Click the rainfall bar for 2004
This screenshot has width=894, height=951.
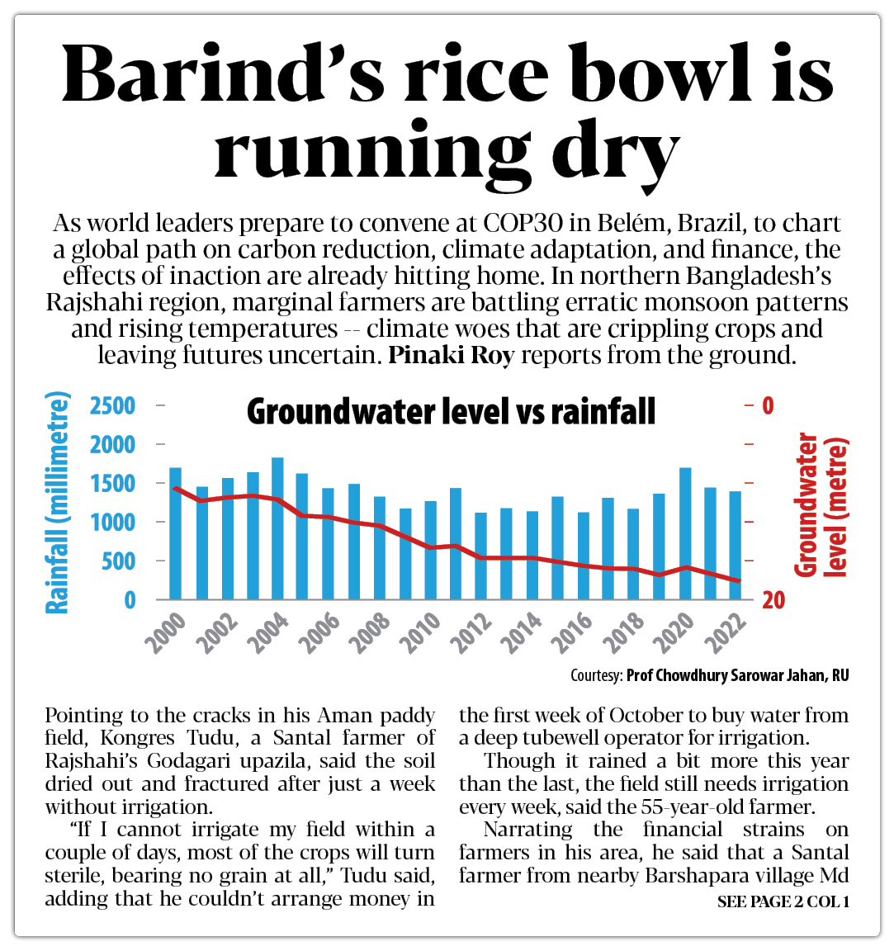pos(277,528)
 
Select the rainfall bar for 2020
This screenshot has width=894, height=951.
pos(685,533)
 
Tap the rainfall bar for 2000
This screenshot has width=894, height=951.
pos(175,533)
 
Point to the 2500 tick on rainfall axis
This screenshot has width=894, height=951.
pos(113,406)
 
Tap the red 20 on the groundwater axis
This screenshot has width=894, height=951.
pos(773,600)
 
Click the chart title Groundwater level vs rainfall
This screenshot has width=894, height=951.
pos(451,411)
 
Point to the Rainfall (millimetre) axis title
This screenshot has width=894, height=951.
pos(56,504)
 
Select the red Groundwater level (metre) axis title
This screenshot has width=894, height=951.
pos(821,504)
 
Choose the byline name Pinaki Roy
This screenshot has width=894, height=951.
pos(451,356)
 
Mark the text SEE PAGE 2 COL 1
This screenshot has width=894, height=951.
pos(783,901)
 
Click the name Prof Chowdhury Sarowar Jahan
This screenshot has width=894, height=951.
pos(726,675)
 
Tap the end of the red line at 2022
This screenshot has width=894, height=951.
pos(738,581)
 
